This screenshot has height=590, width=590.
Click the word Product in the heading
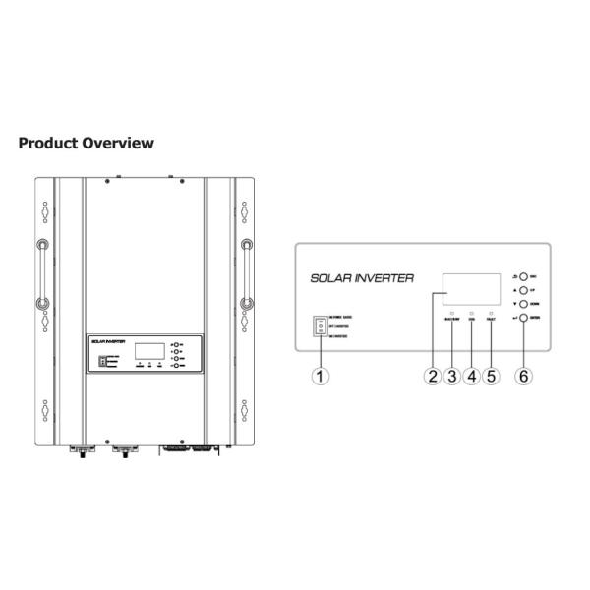tap(50, 144)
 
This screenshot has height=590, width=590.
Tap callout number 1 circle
tap(319, 375)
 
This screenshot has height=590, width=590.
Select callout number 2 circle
tap(432, 375)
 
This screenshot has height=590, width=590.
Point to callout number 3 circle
tap(452, 375)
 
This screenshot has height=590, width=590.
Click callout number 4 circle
tap(472, 375)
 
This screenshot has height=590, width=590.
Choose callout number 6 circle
tap(523, 375)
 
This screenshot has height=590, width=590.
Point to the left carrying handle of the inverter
tap(43, 272)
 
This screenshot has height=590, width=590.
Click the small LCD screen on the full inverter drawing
tap(148, 351)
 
